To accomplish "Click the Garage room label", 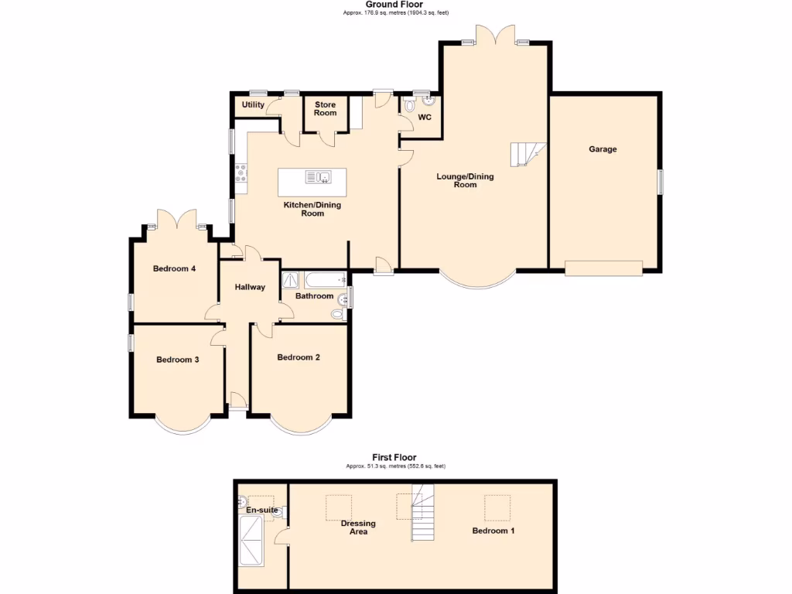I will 603,149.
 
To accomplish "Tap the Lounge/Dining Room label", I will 465,181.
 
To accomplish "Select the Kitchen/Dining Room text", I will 312,209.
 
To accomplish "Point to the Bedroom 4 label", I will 174,269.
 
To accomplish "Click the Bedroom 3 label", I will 178,360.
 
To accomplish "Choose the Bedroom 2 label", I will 299,357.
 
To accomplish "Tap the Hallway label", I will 250,288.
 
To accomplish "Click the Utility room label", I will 253,105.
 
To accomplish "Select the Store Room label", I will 326,108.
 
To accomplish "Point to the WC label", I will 425,118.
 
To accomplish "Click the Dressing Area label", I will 358,527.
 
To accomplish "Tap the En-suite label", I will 262,510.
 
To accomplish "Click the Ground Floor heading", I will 394,5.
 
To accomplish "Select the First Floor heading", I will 395,458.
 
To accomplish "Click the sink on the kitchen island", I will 319,177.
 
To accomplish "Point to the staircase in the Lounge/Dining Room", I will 526,154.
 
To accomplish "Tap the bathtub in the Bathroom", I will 323,280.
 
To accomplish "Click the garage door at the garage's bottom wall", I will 603,268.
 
